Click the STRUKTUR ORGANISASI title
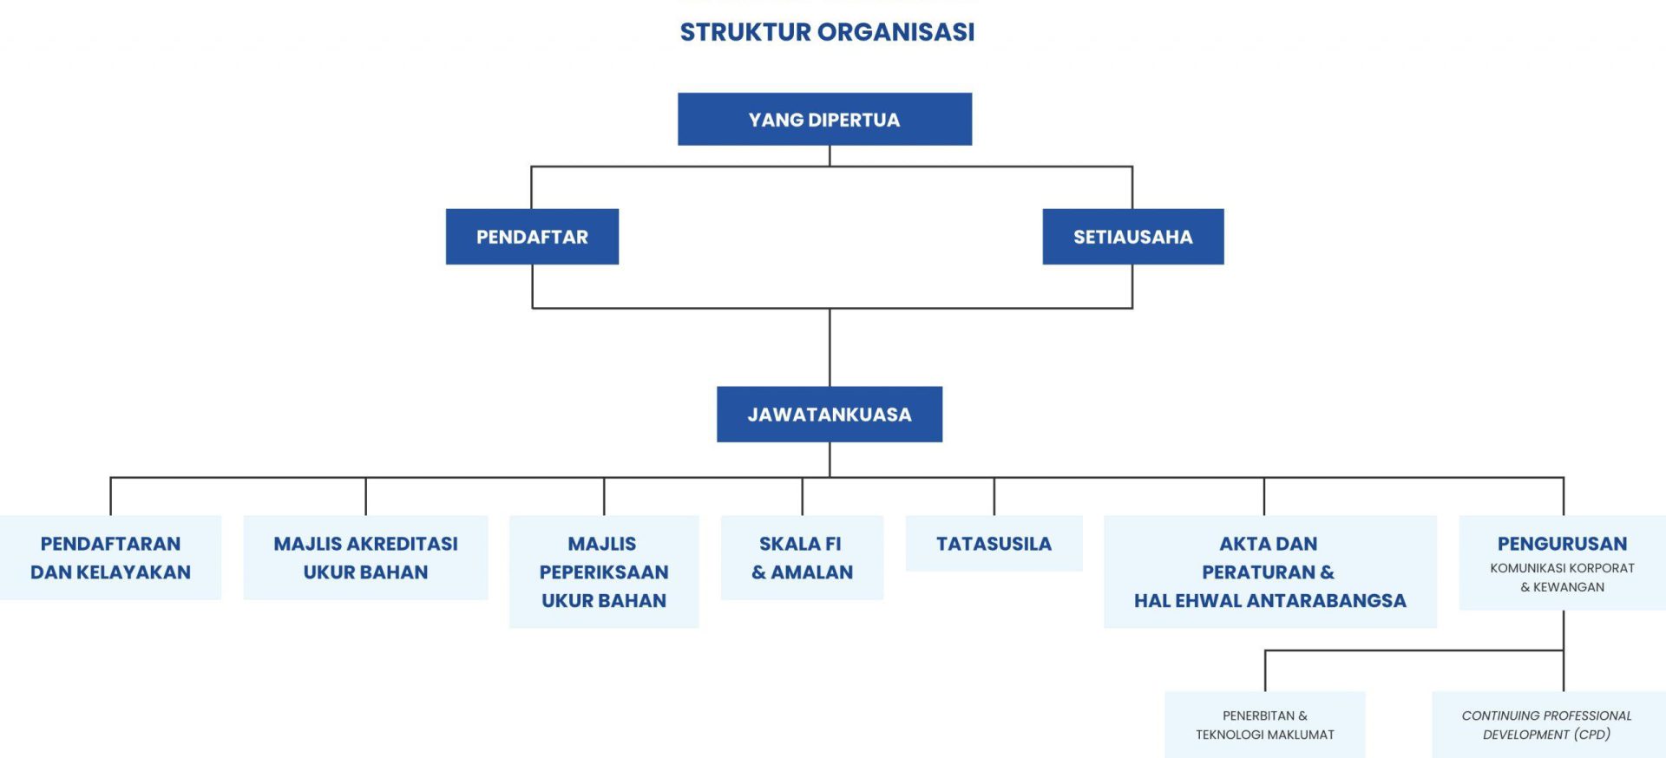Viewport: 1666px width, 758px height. pyautogui.click(x=827, y=32)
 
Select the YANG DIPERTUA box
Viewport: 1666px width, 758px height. pyautogui.click(x=824, y=119)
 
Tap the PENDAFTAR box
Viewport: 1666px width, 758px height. pyautogui.click(x=532, y=236)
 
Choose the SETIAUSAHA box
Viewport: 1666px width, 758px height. pyautogui.click(x=1132, y=236)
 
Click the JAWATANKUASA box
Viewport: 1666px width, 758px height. pyautogui.click(x=830, y=414)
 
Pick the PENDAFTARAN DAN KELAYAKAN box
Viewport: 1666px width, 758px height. pyautogui.click(x=110, y=558)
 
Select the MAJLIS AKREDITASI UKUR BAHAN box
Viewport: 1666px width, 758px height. pyautogui.click(x=365, y=558)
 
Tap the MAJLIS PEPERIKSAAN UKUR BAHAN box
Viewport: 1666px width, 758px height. pyautogui.click(x=604, y=572)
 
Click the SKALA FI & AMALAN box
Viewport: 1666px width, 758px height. pyautogui.click(x=802, y=558)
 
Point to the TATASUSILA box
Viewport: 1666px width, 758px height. pyautogui.click(x=994, y=544)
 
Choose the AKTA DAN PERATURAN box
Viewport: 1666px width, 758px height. pyautogui.click(x=1269, y=572)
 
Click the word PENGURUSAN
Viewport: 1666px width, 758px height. pyautogui.click(x=1562, y=544)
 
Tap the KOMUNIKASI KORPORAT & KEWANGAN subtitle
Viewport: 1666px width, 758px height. pyautogui.click(x=1562, y=578)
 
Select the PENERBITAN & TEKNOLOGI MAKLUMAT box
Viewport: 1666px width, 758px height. pyautogui.click(x=1264, y=725)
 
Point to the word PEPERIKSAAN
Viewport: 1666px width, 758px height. pyautogui.click(x=604, y=572)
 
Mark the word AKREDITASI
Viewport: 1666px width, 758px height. pyautogui.click(x=403, y=544)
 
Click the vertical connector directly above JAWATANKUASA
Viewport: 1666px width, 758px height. pyautogui.click(x=830, y=347)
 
